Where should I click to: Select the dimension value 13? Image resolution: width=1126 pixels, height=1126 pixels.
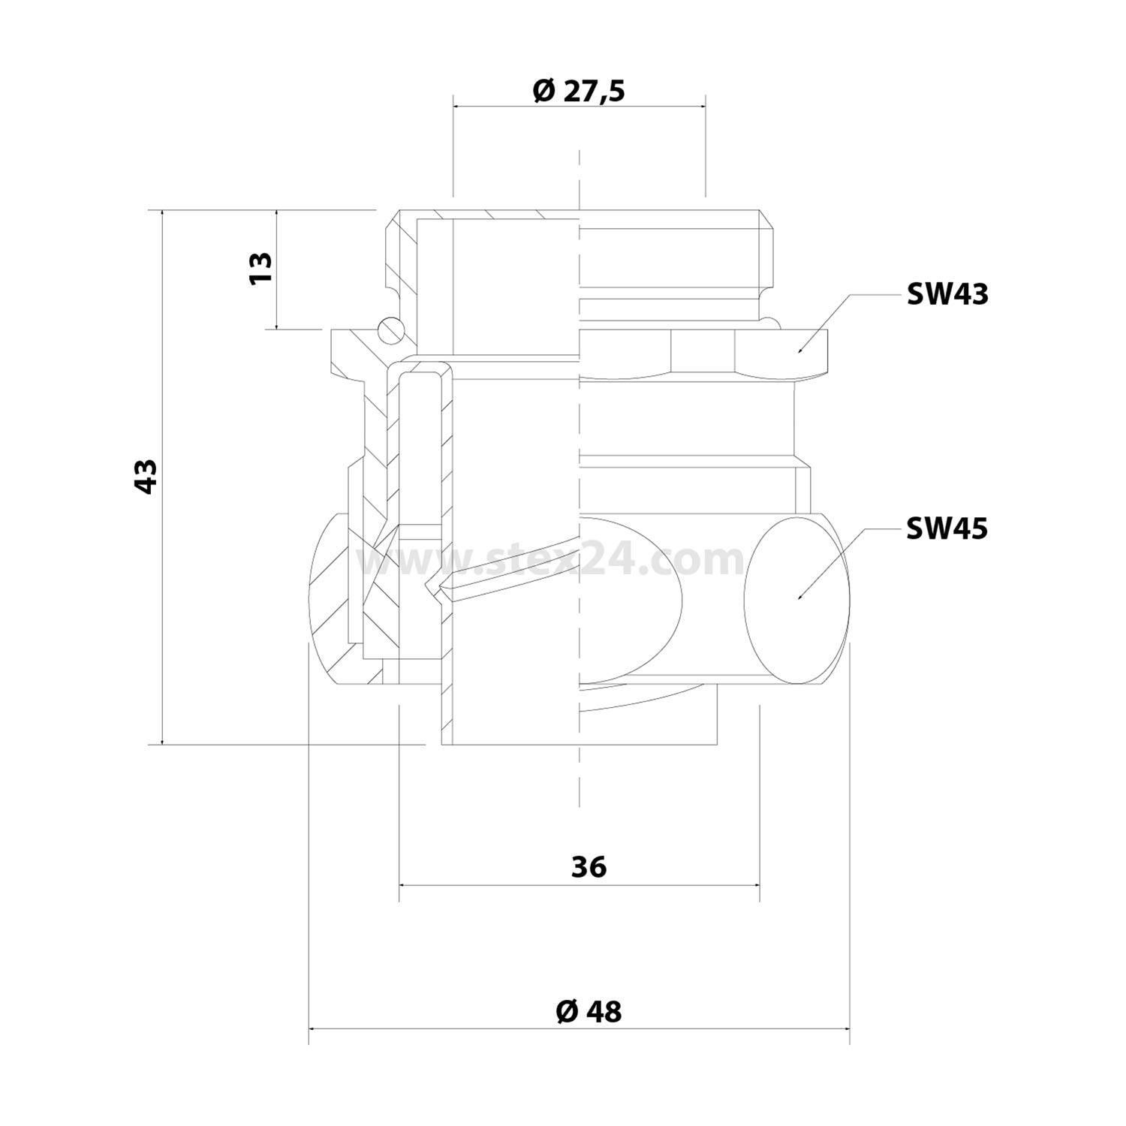[260, 267]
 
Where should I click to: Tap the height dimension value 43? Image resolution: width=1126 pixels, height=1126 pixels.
[146, 476]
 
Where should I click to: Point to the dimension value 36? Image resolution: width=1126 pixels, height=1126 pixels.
[589, 867]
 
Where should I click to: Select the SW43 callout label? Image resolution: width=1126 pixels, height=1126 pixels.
[947, 294]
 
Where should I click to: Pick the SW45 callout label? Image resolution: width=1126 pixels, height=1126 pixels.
[947, 528]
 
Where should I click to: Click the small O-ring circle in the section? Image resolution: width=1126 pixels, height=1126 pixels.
[390, 328]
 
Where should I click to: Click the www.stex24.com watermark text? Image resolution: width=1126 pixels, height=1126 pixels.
[552, 559]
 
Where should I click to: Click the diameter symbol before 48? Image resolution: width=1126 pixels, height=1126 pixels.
[567, 1011]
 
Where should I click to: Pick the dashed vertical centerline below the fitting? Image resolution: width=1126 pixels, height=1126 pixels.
[579, 781]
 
